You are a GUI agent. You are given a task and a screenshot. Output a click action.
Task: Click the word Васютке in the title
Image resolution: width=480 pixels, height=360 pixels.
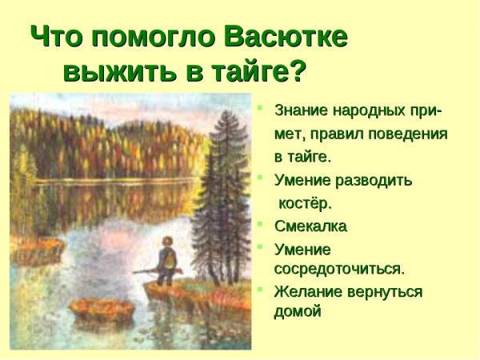286,37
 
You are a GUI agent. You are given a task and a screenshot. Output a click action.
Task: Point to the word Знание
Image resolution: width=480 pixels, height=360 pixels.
301,110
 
